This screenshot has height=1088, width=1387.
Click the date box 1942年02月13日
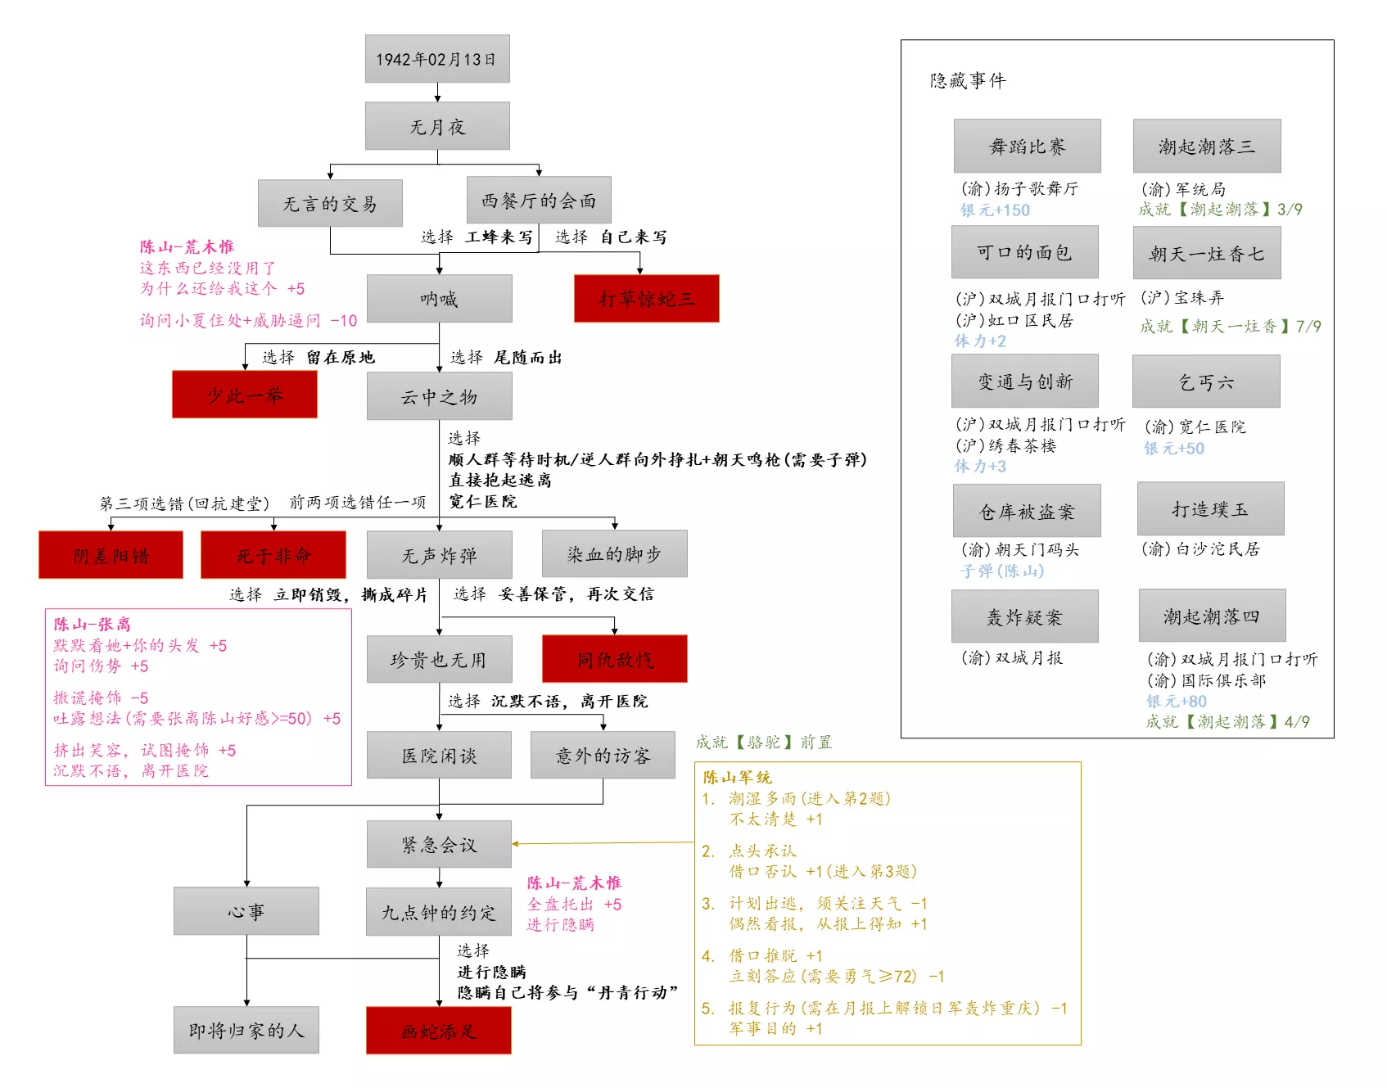pos(437,59)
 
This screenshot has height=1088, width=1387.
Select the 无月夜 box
pos(437,126)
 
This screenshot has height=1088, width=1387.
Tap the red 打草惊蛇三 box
pos(646,299)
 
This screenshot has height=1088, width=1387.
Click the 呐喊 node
pos(439,299)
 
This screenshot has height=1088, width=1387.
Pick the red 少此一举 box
pos(244,395)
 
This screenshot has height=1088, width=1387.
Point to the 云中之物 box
pos(439,397)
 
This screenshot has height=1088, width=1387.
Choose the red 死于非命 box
pos(273,555)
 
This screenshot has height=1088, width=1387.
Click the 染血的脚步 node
pos(614,554)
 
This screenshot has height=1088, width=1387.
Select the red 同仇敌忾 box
pos(614,659)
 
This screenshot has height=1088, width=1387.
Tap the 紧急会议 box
pos(439,844)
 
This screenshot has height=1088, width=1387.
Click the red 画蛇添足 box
pos(439,1031)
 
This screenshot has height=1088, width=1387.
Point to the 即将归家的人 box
pos(246,1030)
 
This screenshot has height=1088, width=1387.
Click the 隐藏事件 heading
pos(968,80)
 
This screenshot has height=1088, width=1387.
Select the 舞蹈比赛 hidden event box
pos(1027,147)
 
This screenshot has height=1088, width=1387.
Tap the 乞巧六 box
pos(1206,382)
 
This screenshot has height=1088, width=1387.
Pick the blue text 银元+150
pos(995,210)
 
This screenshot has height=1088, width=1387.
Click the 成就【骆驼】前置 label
pos(763,743)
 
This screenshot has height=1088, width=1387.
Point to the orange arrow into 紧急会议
pos(516,843)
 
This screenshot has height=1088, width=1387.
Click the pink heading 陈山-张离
pos(92,624)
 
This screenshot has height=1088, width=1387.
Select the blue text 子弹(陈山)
pos(1002,571)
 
